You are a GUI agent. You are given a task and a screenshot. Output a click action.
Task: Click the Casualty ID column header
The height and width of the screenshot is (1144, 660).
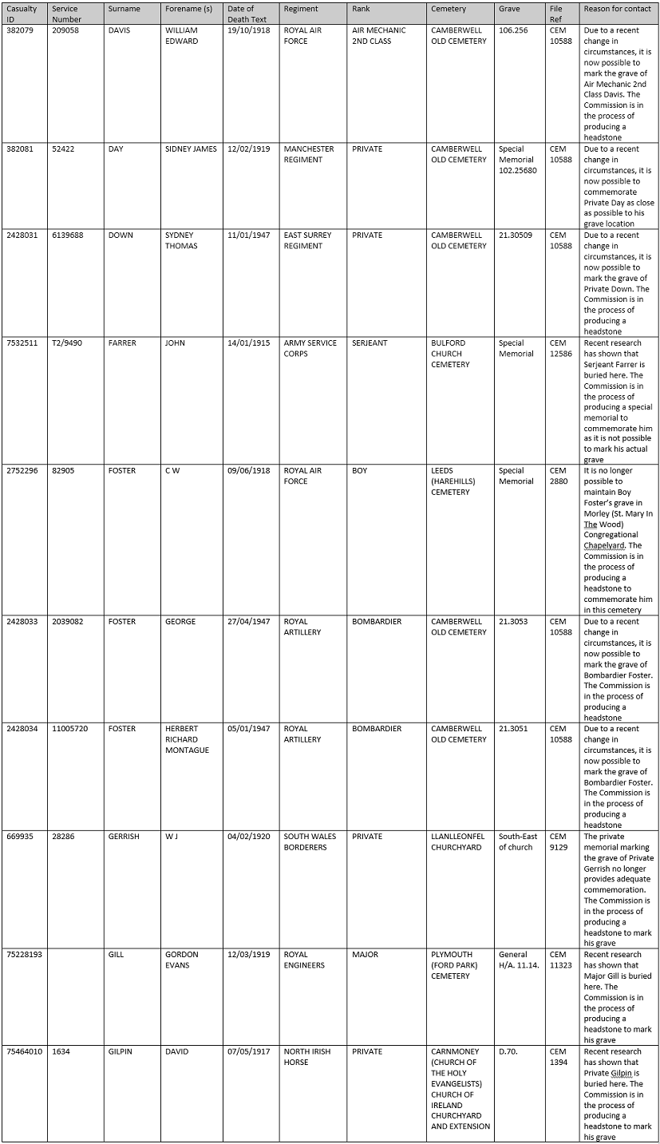click(22, 14)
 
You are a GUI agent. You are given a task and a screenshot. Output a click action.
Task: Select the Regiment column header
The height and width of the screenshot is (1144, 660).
click(301, 9)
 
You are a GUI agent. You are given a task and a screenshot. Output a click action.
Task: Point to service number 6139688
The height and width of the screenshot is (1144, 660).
click(68, 236)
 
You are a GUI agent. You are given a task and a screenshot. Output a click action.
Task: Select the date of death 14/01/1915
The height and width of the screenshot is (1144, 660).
click(248, 343)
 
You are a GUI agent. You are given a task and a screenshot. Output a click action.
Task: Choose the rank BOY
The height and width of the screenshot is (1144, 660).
click(360, 471)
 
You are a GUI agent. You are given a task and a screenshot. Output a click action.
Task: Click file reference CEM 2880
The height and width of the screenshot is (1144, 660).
click(558, 476)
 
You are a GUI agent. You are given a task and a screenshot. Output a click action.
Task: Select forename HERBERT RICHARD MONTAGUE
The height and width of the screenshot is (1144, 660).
click(187, 739)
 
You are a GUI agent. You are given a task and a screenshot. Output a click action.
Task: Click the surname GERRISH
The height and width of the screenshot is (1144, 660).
click(124, 837)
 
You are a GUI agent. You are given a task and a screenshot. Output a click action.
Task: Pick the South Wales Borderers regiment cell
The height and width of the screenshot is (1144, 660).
click(310, 841)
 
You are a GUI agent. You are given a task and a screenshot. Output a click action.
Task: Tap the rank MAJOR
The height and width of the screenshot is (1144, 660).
click(365, 955)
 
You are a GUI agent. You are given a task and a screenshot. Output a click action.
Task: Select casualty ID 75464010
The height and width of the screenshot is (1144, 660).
click(25, 1052)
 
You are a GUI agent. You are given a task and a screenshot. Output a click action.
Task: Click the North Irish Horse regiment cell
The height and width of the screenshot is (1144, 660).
click(310, 1057)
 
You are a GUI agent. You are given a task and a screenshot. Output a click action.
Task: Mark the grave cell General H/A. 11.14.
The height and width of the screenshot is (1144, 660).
click(519, 960)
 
